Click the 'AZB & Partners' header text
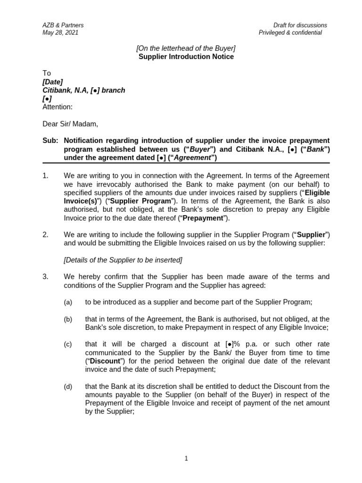click(x=63, y=25)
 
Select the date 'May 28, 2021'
click(x=60, y=33)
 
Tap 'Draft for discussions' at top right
click(x=300, y=25)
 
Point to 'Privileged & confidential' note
click(x=290, y=33)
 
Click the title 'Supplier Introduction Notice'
click(x=186, y=57)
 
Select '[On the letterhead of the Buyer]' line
click(x=186, y=49)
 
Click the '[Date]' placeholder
click(x=52, y=82)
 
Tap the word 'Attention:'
click(x=58, y=107)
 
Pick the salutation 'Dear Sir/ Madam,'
click(x=70, y=124)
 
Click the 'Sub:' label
click(x=49, y=141)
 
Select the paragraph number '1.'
click(x=46, y=175)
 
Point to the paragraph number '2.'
click(x=46, y=235)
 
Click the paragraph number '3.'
click(x=46, y=277)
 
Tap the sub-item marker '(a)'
click(x=68, y=302)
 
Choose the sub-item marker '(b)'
click(x=68, y=319)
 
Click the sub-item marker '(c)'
click(x=68, y=344)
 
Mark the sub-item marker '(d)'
click(x=68, y=387)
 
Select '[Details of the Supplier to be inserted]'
click(x=123, y=260)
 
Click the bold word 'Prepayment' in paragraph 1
click(x=202, y=218)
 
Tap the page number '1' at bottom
click(x=186, y=458)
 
